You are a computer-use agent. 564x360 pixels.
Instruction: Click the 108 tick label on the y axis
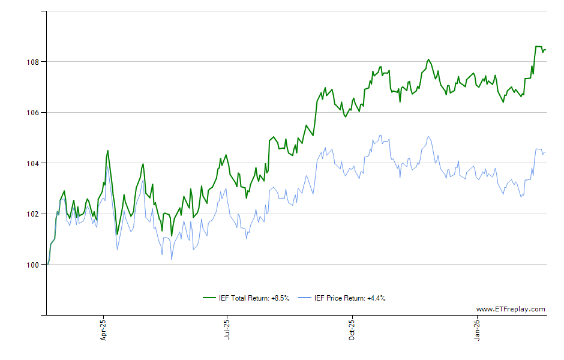33,62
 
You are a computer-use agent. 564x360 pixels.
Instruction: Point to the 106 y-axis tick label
33,112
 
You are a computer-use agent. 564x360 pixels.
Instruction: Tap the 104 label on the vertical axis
33,163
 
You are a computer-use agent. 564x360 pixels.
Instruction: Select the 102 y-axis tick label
33,214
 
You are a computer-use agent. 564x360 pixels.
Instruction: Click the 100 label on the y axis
33,265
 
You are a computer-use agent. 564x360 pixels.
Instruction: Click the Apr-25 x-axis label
103,331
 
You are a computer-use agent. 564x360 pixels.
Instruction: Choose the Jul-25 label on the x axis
227,331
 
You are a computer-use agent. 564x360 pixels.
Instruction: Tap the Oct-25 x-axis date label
352,331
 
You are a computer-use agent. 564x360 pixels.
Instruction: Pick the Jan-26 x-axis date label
478,331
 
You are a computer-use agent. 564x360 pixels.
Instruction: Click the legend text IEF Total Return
244,298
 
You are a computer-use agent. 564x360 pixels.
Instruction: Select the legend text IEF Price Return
340,298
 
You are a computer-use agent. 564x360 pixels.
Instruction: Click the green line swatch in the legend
209,298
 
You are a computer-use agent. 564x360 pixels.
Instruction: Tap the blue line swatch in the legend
305,298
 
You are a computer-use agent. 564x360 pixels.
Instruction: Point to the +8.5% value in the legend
280,298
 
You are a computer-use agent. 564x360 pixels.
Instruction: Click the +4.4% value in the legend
376,298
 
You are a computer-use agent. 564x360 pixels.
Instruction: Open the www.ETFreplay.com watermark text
511,310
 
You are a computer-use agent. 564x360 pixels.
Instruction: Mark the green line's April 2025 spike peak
107,151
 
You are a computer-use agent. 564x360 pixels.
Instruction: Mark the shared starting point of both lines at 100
47,265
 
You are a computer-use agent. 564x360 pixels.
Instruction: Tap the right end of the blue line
545,152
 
